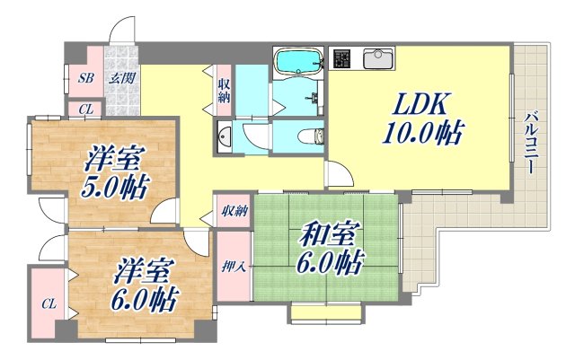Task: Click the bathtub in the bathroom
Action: pos(299,61)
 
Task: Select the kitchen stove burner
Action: pos(343,59)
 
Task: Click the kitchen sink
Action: pos(378,59)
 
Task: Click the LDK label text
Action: pos(416,102)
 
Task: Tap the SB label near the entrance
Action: pos(85,78)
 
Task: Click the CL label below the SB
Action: pos(85,110)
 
